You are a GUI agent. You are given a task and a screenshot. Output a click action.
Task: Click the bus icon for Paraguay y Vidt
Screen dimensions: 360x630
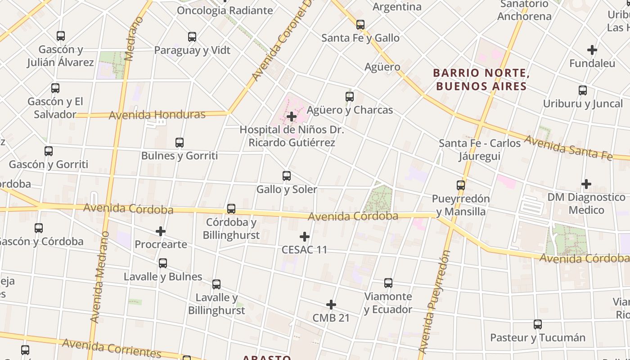pos(192,37)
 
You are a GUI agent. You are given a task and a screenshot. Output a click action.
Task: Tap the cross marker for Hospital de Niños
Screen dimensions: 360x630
pos(292,117)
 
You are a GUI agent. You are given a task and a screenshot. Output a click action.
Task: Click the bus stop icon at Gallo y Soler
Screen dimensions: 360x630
pos(287,176)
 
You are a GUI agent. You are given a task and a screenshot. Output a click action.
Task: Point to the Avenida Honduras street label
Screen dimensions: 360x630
pos(157,115)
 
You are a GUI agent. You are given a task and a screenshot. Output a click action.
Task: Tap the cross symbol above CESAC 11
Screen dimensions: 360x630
pos(305,237)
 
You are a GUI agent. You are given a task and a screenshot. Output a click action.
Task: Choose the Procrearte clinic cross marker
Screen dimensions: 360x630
pos(161,231)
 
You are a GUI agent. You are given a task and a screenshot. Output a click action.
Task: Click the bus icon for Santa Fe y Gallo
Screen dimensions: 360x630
pos(360,25)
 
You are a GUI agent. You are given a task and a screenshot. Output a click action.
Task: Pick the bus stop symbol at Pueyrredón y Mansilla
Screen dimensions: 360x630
pos(461,185)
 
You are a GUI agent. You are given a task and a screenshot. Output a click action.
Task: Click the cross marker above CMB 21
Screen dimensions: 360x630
pos(331,305)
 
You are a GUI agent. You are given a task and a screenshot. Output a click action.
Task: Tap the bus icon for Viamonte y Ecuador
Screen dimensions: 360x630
pos(388,283)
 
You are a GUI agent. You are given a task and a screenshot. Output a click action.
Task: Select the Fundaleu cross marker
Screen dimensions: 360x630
pos(592,50)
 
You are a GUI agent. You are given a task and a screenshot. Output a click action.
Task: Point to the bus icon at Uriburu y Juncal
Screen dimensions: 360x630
pos(583,90)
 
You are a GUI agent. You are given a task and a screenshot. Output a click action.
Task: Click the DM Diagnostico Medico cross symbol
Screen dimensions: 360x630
pos(586,184)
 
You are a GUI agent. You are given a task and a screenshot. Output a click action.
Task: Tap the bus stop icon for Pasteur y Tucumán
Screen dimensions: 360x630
pos(538,324)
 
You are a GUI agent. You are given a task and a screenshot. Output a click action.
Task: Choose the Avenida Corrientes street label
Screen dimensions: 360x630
pos(112,347)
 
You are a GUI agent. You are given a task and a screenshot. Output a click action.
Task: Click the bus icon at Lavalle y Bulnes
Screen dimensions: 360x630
pos(163,263)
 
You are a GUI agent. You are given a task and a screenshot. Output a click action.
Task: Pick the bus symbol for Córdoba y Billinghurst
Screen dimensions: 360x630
pos(231,209)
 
